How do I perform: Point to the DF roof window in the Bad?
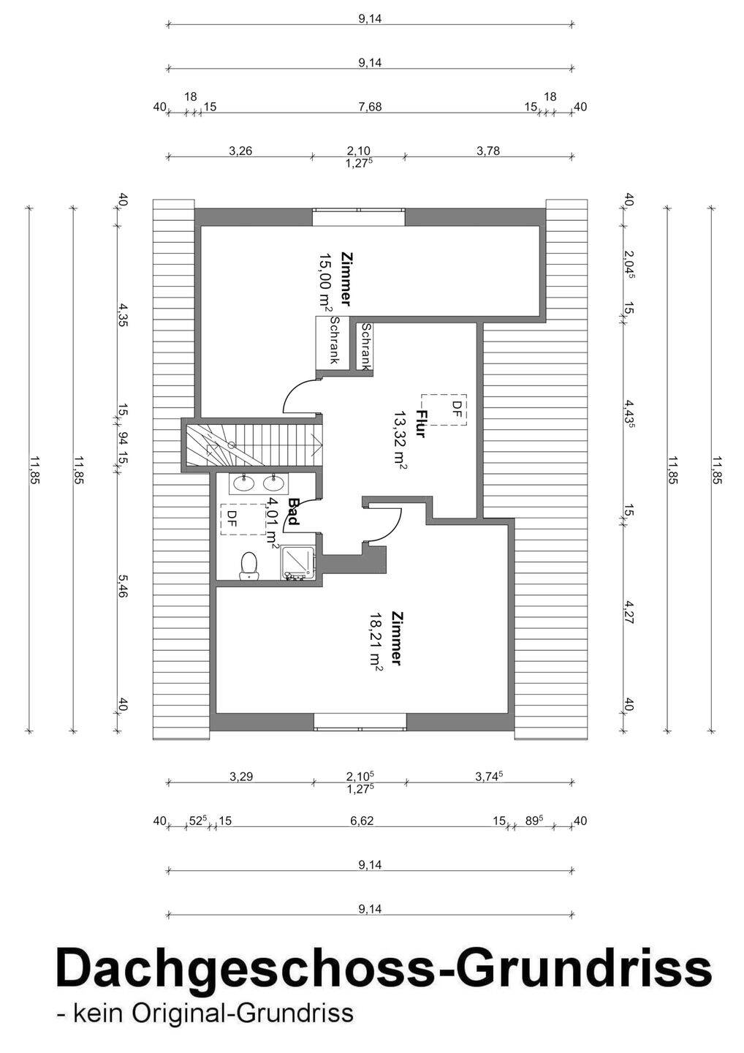click(x=243, y=519)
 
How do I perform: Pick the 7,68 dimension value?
click(x=370, y=107)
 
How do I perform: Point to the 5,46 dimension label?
click(x=121, y=588)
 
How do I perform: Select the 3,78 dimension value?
click(x=488, y=151)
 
